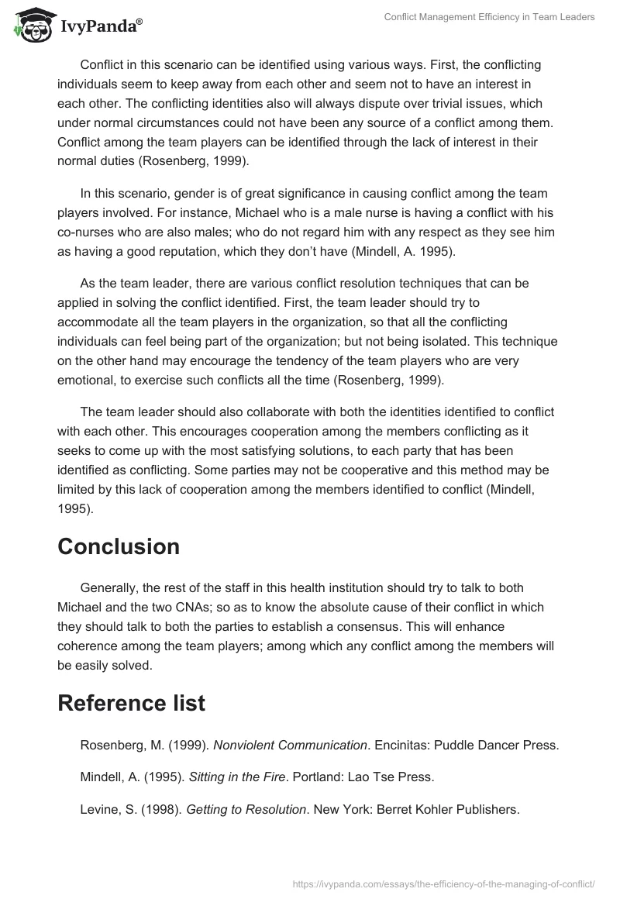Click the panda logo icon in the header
[x=30, y=24]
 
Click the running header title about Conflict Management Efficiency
[x=489, y=18]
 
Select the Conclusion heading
[x=119, y=546]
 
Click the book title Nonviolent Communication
[x=290, y=746]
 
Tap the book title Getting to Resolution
[x=246, y=809]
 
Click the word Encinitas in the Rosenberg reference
[x=402, y=746]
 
